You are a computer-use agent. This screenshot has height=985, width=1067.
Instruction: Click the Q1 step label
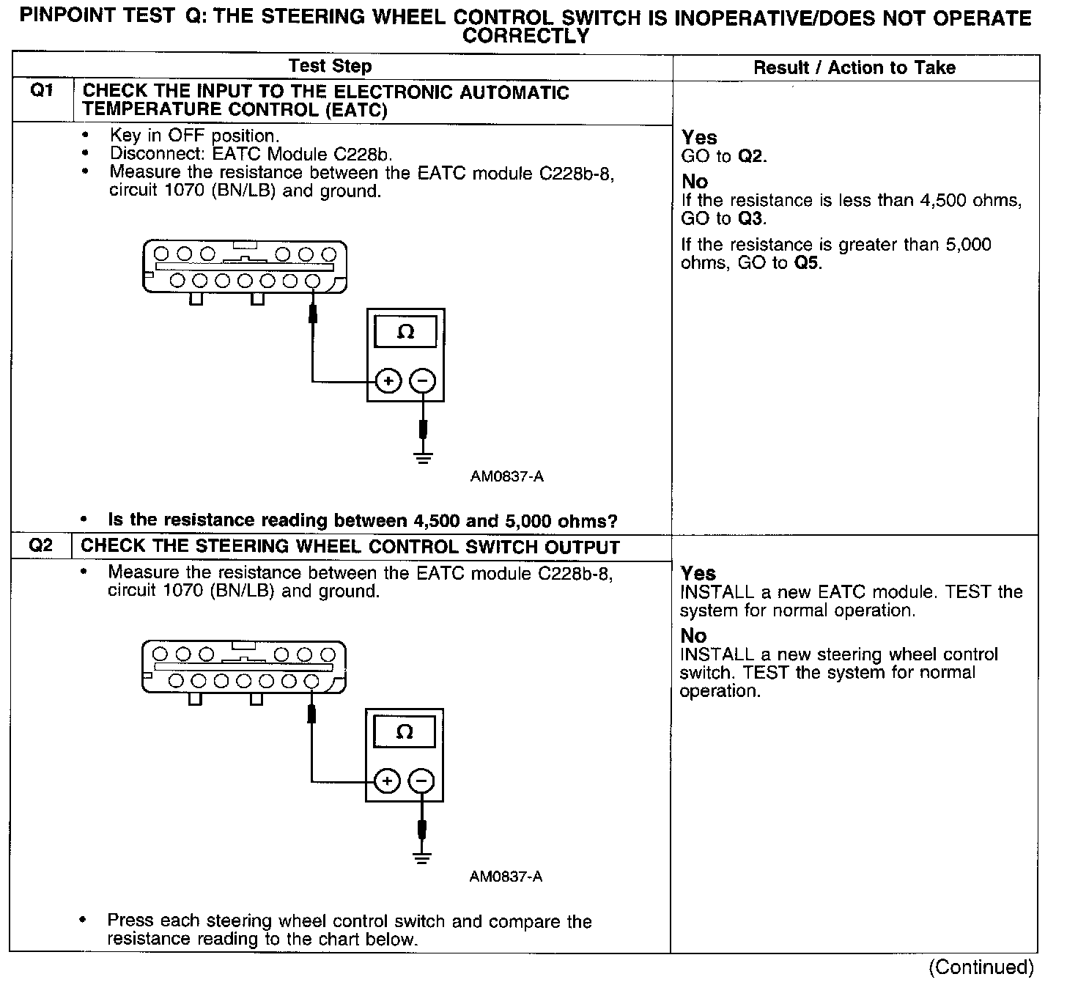42,92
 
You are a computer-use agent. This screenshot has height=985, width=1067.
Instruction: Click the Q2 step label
41,545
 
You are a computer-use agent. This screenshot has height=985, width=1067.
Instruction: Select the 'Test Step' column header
330,66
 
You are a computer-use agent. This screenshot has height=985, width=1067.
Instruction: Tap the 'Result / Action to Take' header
854,68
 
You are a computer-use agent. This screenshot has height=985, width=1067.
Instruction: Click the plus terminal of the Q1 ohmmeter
388,381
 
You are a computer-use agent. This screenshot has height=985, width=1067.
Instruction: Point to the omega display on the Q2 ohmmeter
404,732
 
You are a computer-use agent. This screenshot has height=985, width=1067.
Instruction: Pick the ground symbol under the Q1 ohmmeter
422,458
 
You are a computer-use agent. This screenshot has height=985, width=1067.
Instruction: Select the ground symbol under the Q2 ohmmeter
421,857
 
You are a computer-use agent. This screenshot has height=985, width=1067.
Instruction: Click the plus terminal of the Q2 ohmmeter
386,782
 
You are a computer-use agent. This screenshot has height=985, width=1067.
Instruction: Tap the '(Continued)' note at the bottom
981,967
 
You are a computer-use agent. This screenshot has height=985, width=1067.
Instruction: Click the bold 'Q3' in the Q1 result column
753,219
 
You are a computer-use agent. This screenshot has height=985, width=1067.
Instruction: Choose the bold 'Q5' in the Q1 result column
807,263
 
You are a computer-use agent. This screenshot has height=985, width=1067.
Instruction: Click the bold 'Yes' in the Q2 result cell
698,573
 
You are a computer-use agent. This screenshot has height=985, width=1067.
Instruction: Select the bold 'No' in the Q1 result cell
695,181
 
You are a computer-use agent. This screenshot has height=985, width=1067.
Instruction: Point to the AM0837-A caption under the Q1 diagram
506,476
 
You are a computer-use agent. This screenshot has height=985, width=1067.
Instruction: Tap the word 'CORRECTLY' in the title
526,35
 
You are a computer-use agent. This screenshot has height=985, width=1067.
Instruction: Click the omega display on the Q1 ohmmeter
405,332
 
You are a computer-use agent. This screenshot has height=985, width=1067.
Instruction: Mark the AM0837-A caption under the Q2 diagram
506,877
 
